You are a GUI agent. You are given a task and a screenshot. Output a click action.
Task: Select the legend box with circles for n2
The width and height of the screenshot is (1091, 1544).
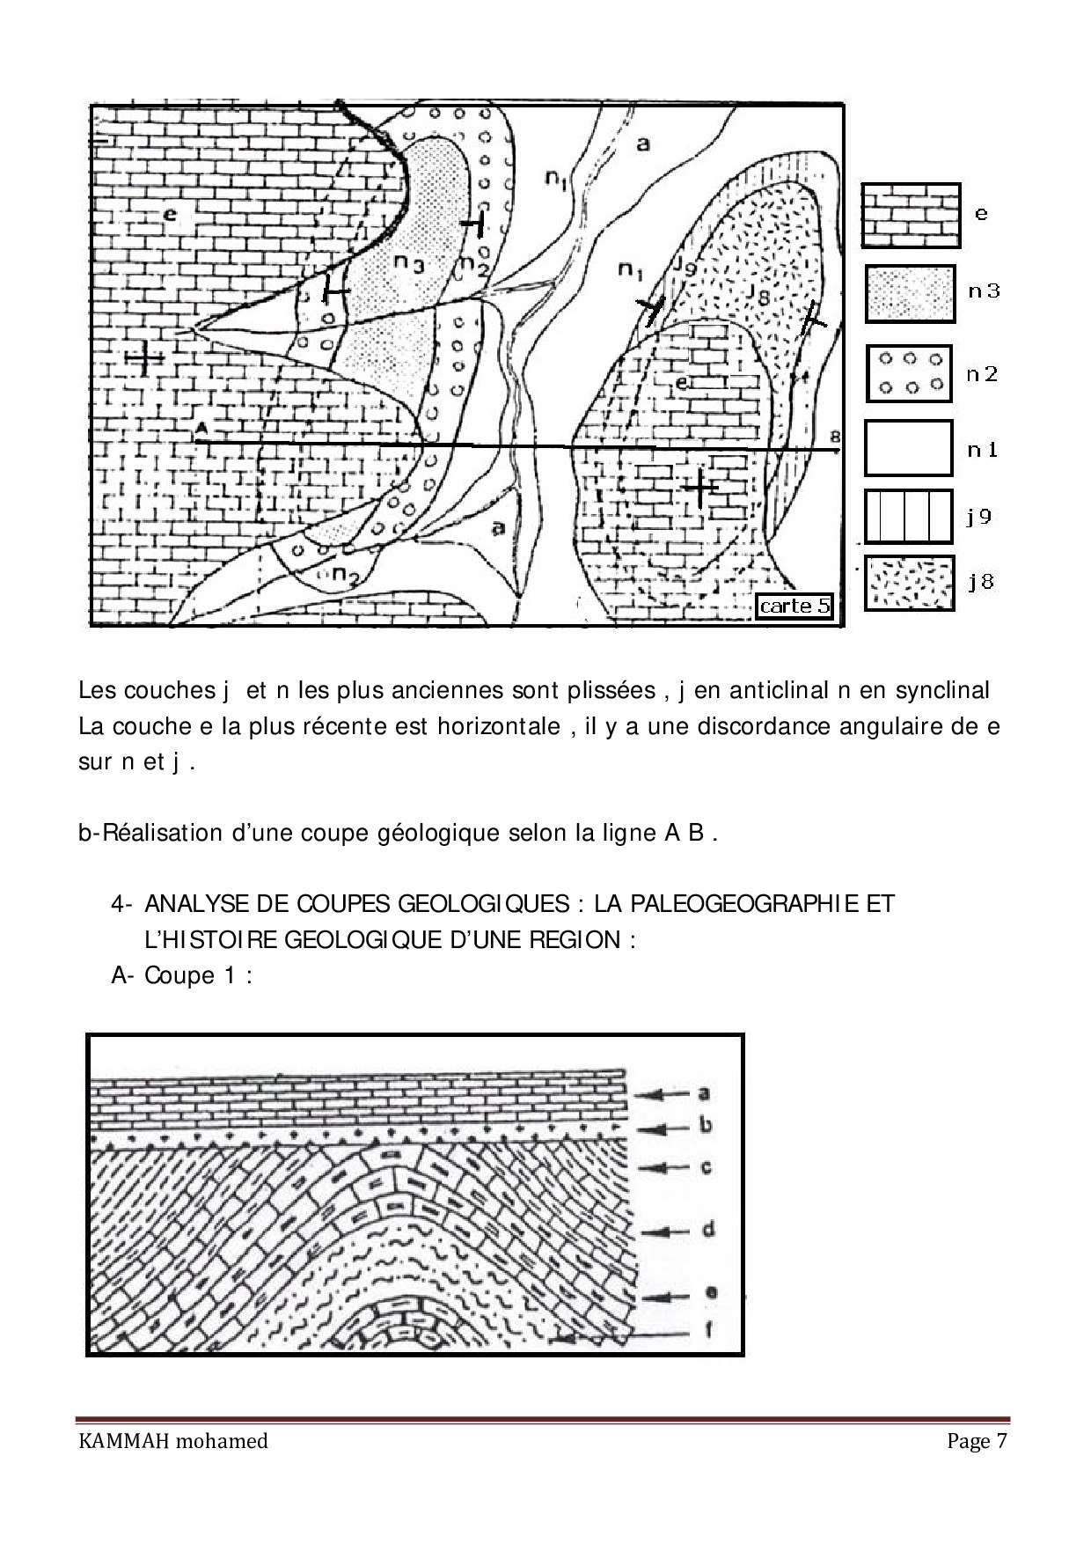(910, 373)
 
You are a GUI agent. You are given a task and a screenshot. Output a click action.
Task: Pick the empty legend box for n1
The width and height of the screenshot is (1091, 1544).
(908, 448)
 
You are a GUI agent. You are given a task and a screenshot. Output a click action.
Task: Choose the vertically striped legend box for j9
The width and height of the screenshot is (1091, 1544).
(908, 516)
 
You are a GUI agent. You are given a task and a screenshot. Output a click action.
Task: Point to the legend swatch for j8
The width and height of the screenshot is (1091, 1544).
(909, 582)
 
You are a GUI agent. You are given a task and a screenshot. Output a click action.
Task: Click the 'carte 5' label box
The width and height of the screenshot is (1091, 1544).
(794, 606)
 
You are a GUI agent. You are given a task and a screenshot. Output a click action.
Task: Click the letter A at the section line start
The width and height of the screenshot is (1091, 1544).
(201, 427)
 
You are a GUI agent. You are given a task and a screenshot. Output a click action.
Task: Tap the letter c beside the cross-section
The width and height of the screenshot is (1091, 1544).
(705, 1168)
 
